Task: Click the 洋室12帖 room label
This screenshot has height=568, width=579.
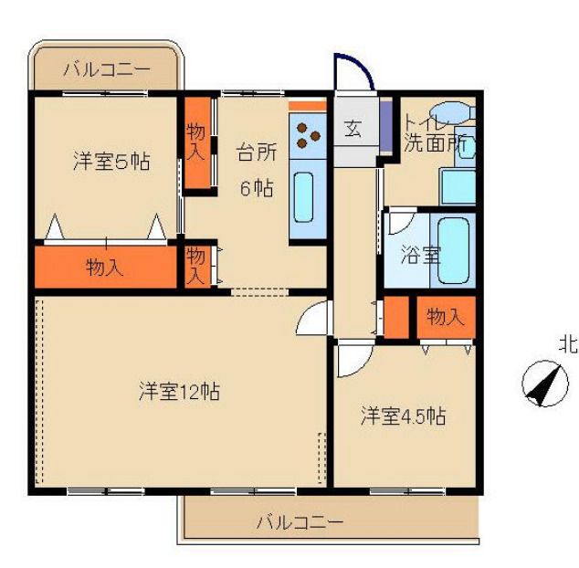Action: click(x=178, y=392)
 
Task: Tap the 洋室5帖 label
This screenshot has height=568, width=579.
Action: click(x=111, y=163)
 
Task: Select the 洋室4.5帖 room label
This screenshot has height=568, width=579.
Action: click(x=402, y=416)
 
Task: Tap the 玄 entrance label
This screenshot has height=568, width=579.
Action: click(x=353, y=129)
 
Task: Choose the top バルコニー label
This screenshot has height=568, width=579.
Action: click(x=107, y=69)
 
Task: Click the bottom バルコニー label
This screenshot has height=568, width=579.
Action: click(x=299, y=522)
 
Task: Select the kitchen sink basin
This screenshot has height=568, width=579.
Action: click(x=305, y=200)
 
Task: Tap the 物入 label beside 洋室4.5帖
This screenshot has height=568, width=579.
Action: click(x=446, y=317)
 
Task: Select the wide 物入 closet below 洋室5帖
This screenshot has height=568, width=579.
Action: click(x=105, y=268)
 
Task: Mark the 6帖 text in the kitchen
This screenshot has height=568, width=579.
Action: click(x=256, y=188)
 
